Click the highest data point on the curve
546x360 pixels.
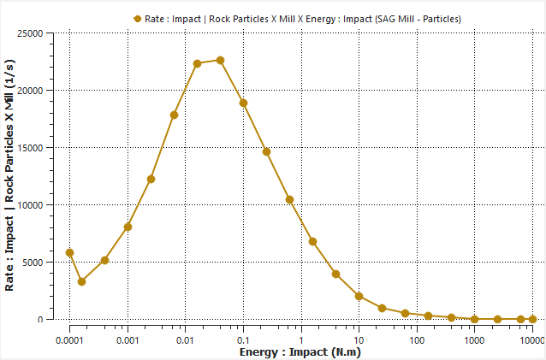[x=220, y=60]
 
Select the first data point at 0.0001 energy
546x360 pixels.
[x=70, y=252]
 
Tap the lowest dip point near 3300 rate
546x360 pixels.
[x=81, y=281]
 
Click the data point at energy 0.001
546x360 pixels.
[x=128, y=227]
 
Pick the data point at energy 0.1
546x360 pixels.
[x=243, y=103]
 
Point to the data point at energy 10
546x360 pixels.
[x=359, y=296]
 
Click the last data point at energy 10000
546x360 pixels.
[x=532, y=319]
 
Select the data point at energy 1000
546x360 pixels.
[x=474, y=319]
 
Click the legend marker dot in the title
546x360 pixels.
[x=137, y=18]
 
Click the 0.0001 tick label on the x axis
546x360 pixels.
[x=69, y=339]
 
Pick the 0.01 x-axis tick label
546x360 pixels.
[x=185, y=339]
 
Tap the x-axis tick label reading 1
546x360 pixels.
[x=301, y=339]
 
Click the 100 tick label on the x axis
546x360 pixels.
[x=417, y=339]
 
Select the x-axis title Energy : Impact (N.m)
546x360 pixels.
[x=300, y=351]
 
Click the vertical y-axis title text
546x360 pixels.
[x=10, y=175]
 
